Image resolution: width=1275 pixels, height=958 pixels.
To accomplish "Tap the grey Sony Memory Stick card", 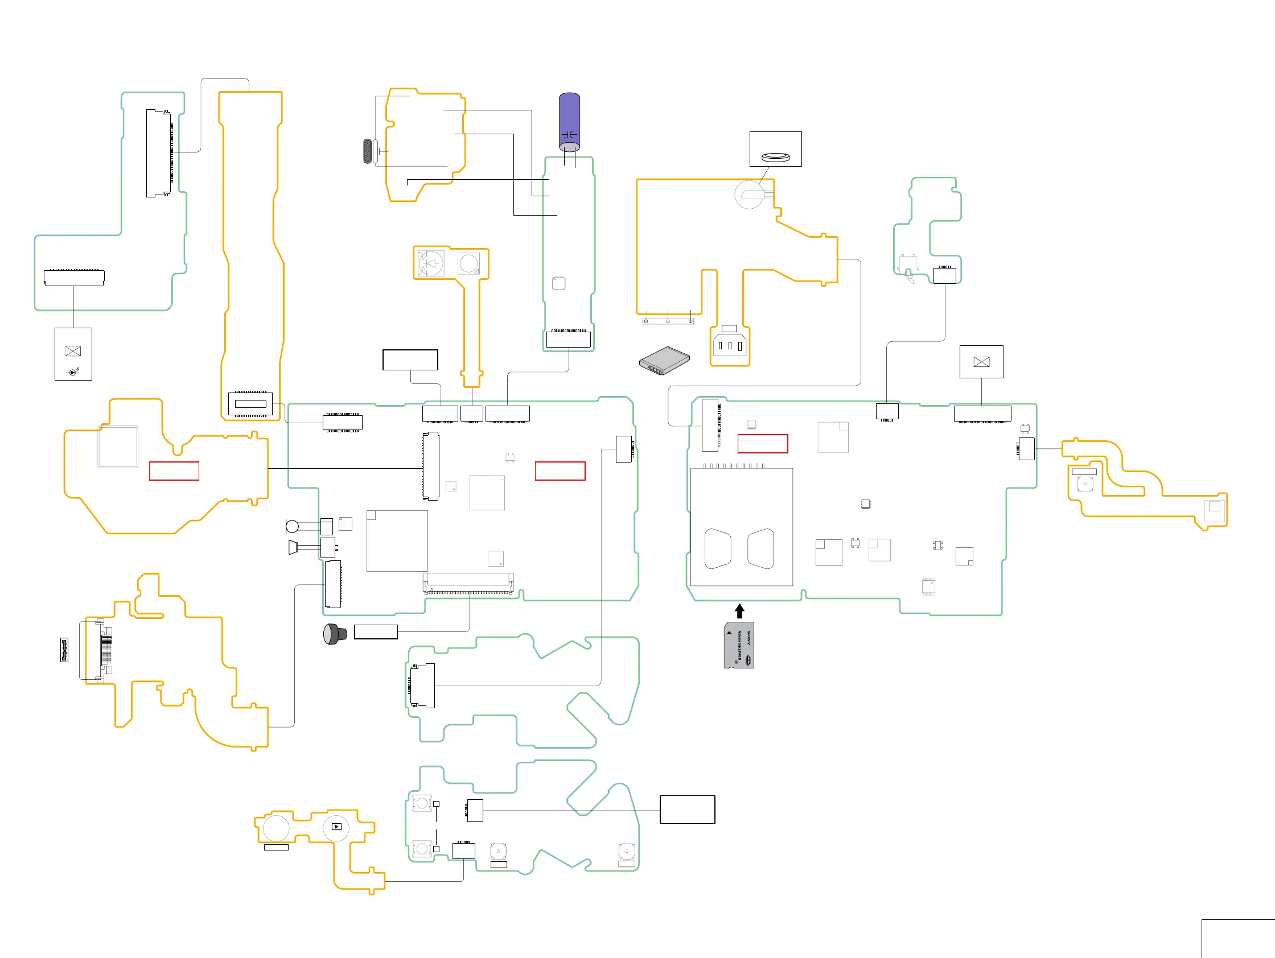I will coord(739,645).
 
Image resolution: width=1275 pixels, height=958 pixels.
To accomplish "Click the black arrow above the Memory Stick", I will coord(739,610).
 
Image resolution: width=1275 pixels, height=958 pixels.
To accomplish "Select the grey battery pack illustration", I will coord(665,360).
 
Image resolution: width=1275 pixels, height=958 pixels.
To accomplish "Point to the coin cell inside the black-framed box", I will coord(775,156).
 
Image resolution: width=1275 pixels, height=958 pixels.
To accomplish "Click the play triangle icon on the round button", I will coord(336,827).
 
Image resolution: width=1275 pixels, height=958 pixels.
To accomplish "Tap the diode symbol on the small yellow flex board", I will coord(431,264).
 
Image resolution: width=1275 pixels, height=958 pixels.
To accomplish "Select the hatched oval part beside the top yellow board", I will coord(367,151).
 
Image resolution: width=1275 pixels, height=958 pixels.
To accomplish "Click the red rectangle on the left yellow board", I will coord(174,470).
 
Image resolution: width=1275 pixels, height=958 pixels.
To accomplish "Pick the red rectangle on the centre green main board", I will coord(560,470).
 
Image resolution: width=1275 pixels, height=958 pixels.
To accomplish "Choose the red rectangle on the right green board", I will coord(763,444).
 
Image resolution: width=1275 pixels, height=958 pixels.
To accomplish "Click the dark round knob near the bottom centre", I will coord(334,634).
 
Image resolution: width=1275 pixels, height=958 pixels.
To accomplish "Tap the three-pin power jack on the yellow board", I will coord(730,346).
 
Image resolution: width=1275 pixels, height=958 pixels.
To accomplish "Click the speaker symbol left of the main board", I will coord(293,547).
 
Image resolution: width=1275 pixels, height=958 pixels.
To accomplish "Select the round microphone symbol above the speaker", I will coord(292,526).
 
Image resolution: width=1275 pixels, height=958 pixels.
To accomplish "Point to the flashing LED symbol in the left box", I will coord(73,372).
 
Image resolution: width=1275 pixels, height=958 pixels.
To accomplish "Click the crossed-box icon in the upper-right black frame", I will coord(981,362).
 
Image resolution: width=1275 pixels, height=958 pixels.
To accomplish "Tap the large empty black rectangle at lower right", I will coord(687,810).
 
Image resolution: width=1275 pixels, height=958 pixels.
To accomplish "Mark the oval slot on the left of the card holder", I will coord(718,548).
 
